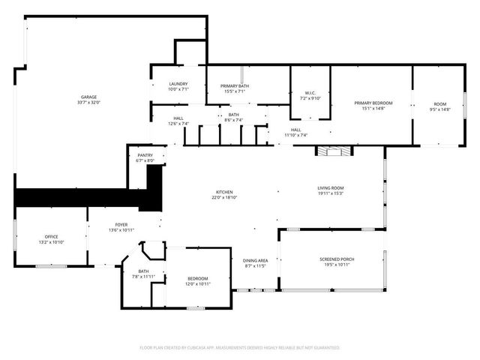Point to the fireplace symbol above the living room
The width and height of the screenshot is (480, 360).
pyautogui.click(x=332, y=151)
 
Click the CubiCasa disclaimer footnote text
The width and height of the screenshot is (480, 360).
pyautogui.click(x=240, y=348)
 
